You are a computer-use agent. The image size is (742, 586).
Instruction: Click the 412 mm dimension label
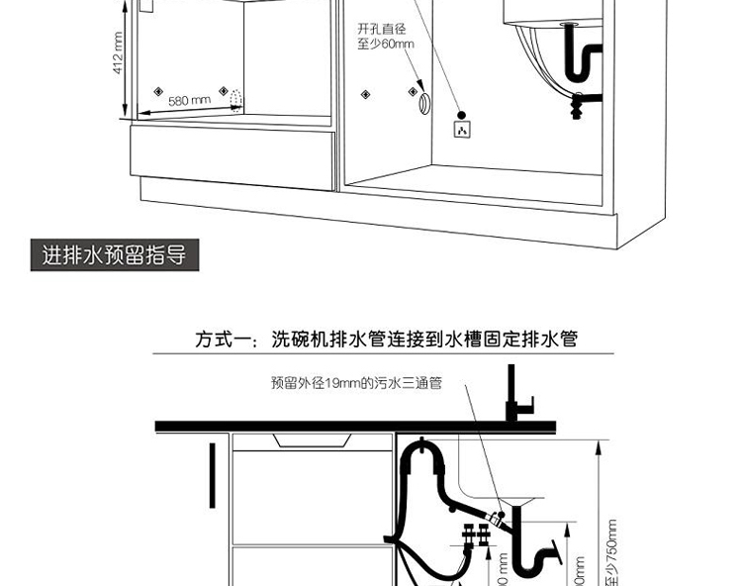coord(117,54)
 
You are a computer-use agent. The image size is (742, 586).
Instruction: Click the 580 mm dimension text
coord(189,101)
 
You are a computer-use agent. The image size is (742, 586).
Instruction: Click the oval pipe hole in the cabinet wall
coord(423,101)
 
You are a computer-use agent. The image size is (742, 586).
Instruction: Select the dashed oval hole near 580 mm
coord(234,101)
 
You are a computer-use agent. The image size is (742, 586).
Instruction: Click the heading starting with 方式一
coord(385,339)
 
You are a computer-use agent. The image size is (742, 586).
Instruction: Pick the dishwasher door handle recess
coord(313,441)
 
